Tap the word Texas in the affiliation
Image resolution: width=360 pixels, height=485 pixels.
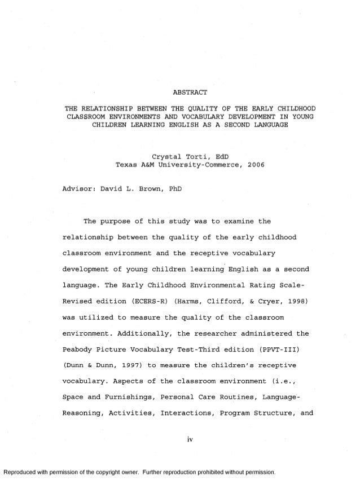pos(127,166)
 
